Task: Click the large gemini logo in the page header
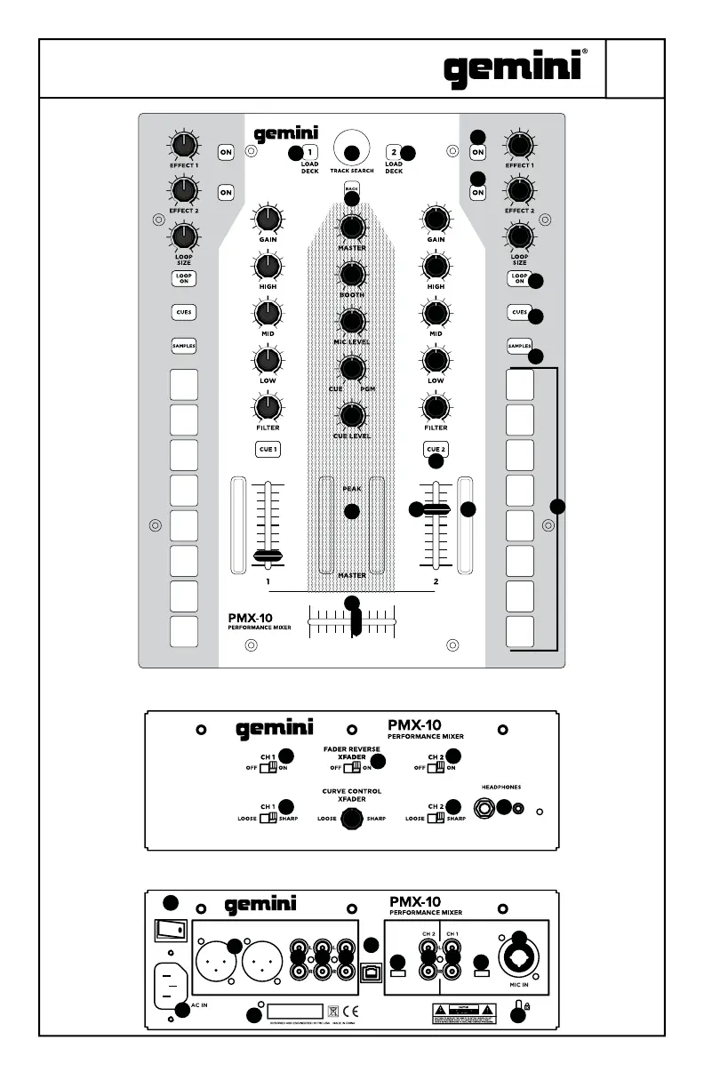point(513,68)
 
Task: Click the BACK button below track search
point(352,188)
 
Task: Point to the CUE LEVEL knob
point(352,414)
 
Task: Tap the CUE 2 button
point(436,450)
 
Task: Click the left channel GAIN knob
point(268,219)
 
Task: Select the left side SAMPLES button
point(183,345)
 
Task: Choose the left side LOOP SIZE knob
point(183,236)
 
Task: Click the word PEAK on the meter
point(352,488)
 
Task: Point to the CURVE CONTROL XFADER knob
point(352,818)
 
